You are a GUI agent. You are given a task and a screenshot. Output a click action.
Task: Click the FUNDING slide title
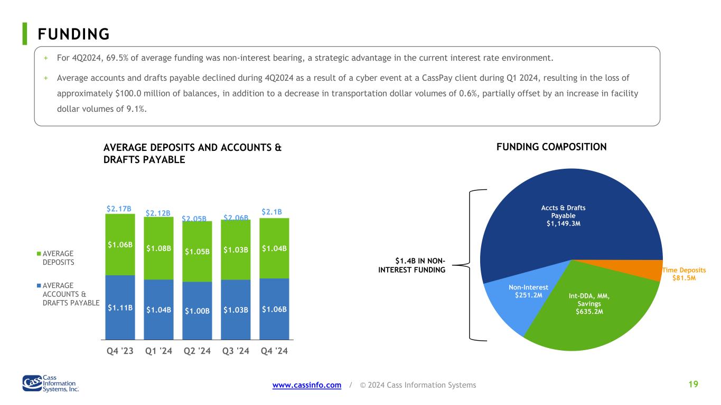coord(74,34)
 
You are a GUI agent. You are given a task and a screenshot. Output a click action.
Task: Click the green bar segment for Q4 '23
coord(120,245)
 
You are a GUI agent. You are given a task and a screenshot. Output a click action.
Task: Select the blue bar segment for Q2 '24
coord(197,311)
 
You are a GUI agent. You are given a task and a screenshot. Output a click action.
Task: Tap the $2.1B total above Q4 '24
coord(271,212)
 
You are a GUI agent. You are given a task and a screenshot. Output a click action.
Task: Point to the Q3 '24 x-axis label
coord(236,351)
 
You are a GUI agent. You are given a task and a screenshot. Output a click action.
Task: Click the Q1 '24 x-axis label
coord(158,351)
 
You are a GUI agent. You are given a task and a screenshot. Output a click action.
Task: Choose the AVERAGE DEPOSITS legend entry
coord(55,258)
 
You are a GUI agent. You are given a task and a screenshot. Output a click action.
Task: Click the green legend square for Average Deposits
coord(39,254)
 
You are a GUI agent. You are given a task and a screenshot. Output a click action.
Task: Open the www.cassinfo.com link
coord(307,385)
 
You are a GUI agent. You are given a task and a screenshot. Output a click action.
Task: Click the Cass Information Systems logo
coord(51,383)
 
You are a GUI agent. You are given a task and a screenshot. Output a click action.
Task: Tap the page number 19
coord(694,384)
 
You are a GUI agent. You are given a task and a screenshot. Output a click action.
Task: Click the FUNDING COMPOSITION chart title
coord(551,147)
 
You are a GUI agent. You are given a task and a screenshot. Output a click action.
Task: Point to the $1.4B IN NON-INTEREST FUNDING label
coord(411,265)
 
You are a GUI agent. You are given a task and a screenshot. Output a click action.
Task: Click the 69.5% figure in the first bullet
coord(117,58)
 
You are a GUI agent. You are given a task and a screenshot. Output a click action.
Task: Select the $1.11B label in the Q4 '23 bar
coord(120,307)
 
